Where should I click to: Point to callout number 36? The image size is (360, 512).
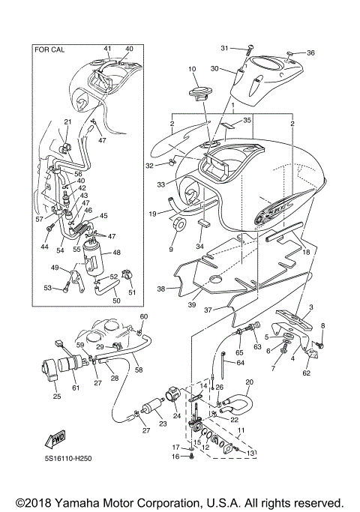click(311, 52)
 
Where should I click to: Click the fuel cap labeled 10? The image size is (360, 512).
click(198, 93)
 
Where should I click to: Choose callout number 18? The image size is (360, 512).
click(305, 253)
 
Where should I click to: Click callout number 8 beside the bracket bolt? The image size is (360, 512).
click(322, 325)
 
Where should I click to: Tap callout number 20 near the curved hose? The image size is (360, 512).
click(249, 382)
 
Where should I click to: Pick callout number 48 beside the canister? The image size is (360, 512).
click(115, 253)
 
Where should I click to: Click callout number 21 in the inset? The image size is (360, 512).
click(67, 121)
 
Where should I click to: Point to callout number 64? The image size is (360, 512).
click(241, 363)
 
